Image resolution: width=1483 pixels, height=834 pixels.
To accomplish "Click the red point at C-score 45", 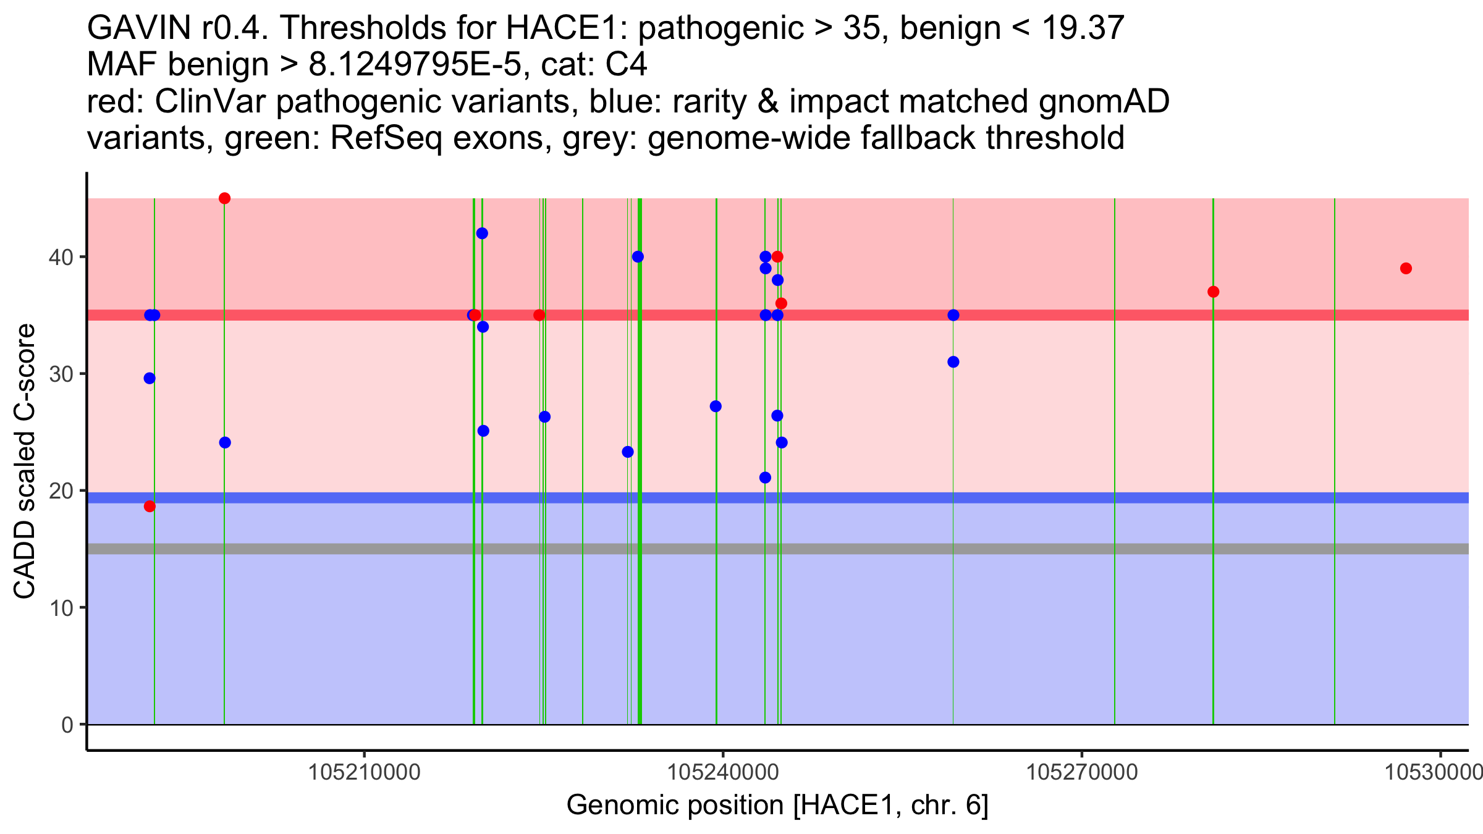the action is (225, 198).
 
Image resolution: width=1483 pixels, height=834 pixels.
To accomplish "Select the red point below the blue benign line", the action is (150, 507).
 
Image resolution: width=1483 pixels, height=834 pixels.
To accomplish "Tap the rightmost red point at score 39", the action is (1406, 268).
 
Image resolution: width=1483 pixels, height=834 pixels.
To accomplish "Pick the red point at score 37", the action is (1213, 292).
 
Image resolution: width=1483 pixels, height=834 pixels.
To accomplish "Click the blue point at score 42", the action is (482, 234).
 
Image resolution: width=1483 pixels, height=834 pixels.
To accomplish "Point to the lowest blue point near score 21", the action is (765, 478).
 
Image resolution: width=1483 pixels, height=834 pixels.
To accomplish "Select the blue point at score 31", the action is (953, 362).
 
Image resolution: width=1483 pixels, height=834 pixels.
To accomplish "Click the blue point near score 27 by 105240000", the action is (716, 406).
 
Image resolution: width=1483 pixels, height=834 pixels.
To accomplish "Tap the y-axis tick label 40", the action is (61, 257).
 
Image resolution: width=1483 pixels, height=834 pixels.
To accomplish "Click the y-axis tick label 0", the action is (67, 725).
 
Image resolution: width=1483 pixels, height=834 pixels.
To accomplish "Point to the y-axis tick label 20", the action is (61, 491).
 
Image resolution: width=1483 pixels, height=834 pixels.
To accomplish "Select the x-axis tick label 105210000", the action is (365, 772).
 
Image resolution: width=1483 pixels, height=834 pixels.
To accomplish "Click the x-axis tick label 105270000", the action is (1082, 772).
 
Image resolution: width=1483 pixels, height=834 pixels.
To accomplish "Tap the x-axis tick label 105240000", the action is (723, 772).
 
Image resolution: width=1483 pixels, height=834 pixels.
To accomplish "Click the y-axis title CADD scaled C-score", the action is (25, 461).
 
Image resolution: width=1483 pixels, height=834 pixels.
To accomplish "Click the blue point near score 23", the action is (628, 452).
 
